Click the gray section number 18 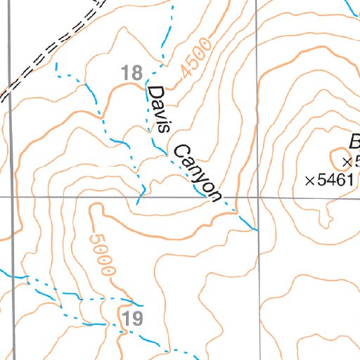pos(131,72)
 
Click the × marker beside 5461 pos(309,181)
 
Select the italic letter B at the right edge pos(352,139)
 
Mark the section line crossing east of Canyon pos(257,198)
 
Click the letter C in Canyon pos(179,150)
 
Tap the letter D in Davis pos(154,93)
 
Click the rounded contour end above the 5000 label pos(94,207)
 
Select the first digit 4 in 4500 pos(185,74)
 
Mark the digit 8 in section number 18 pos(136,72)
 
